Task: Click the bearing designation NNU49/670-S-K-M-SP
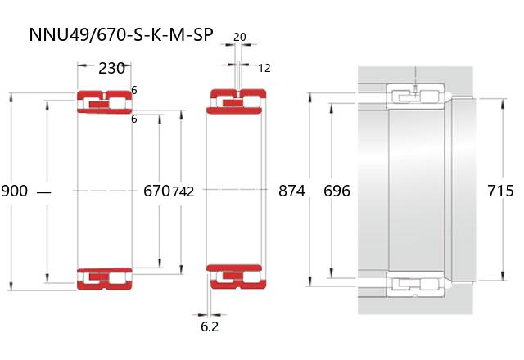pyautogui.click(x=121, y=34)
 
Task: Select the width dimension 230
pyautogui.click(x=111, y=68)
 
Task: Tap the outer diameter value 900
pyautogui.click(x=15, y=191)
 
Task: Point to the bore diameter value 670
pyautogui.click(x=156, y=191)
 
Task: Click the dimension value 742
pyautogui.click(x=183, y=191)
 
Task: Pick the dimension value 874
pyautogui.click(x=291, y=191)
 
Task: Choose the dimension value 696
pyautogui.click(x=337, y=191)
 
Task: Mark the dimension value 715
pyautogui.click(x=500, y=191)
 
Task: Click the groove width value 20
pyautogui.click(x=240, y=37)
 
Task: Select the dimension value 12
pyautogui.click(x=264, y=68)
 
